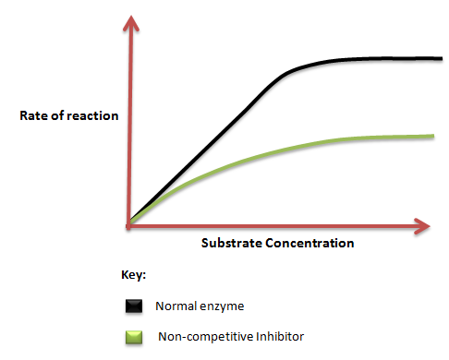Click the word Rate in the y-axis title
[x=33, y=115]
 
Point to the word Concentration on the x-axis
[x=309, y=243]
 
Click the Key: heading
[x=133, y=275]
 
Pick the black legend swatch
[x=134, y=306]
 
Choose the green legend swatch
[x=134, y=337]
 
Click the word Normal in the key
[x=176, y=306]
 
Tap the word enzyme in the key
[x=222, y=306]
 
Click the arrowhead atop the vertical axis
[x=131, y=22]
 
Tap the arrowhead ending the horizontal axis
[x=422, y=226]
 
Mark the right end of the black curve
[x=442, y=58]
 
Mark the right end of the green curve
[x=433, y=136]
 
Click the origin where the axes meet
[x=128, y=226]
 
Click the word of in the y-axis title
[x=56, y=115]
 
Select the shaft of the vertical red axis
[x=130, y=129]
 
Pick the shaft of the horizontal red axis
[x=272, y=226]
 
